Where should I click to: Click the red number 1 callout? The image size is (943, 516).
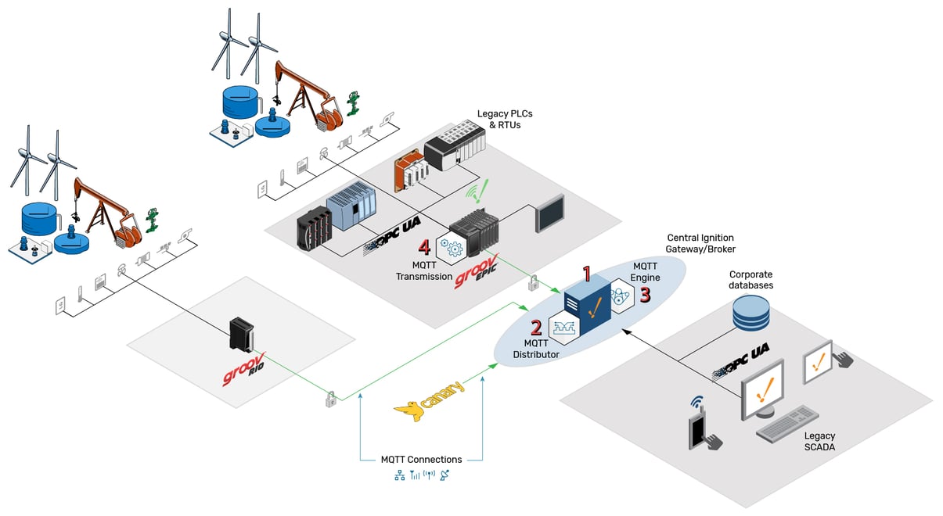point(586,274)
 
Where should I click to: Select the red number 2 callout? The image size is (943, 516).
point(536,327)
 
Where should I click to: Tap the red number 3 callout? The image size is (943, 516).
point(645,295)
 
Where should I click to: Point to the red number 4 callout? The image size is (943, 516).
point(424,247)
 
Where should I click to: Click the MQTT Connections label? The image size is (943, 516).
point(421,459)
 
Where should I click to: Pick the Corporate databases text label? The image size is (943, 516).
point(750,280)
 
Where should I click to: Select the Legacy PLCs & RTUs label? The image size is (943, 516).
point(498,119)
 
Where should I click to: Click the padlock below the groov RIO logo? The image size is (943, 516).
point(331,400)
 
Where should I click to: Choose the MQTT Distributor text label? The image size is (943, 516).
point(536,349)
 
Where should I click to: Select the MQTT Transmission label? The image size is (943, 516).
point(423,271)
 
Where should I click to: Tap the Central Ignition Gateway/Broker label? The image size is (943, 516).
point(700,242)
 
